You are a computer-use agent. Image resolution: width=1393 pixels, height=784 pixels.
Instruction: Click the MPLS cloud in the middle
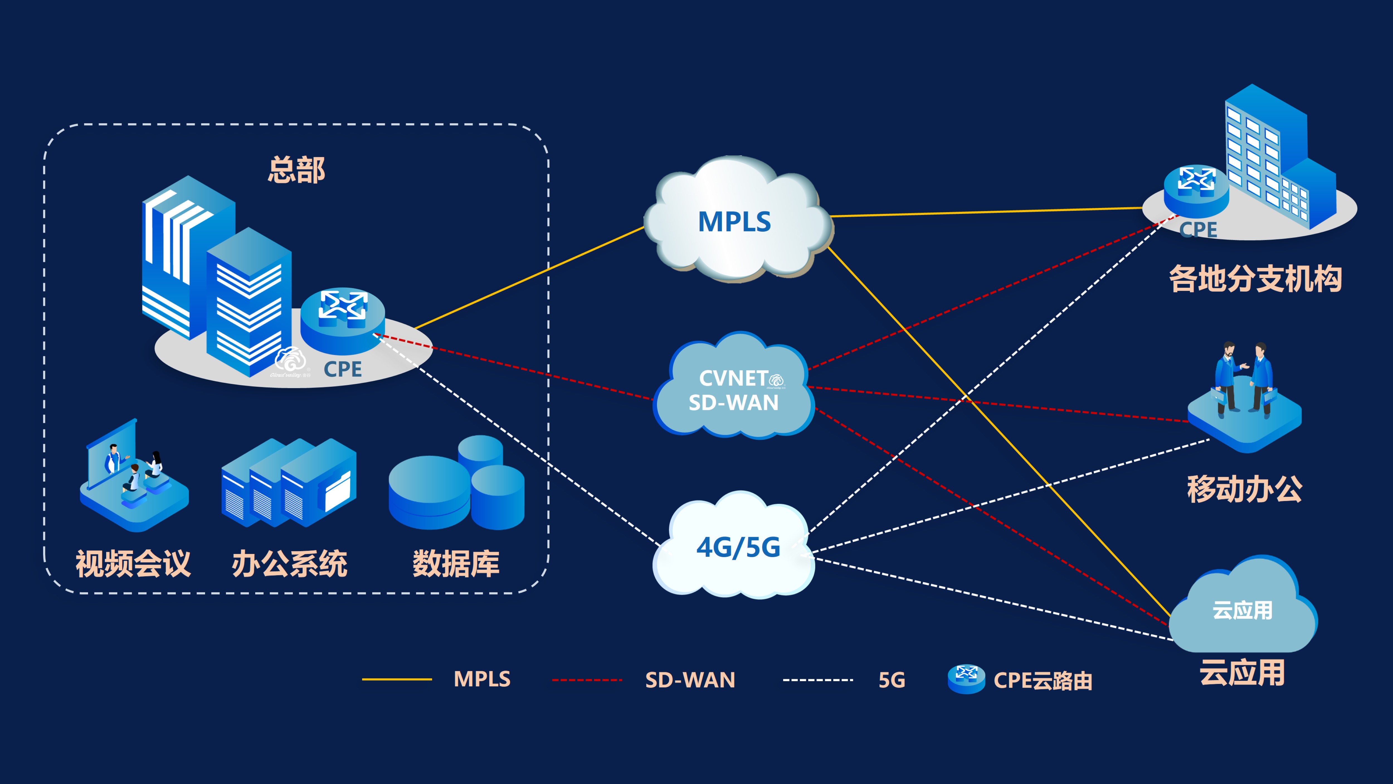[x=736, y=221]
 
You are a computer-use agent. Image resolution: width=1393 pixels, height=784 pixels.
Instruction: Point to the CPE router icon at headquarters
[x=342, y=319]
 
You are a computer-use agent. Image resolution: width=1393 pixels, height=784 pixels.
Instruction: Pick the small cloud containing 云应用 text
[x=1242, y=609]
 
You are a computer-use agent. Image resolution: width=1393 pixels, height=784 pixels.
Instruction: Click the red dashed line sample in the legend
[x=587, y=679]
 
